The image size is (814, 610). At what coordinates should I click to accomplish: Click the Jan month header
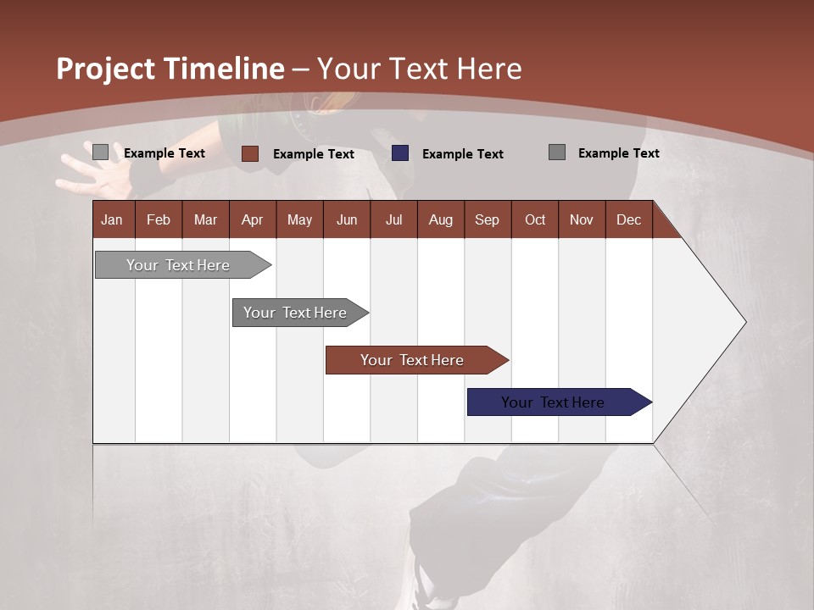[113, 219]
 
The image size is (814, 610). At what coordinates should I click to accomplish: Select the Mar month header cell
[205, 219]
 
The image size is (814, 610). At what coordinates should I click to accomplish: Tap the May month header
[299, 219]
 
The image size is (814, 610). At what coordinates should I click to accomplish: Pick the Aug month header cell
[440, 219]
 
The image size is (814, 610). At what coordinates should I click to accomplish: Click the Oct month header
[534, 219]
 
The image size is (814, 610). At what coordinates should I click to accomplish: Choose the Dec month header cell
[628, 219]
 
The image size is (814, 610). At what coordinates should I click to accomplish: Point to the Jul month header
[393, 219]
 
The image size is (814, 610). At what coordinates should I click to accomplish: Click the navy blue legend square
[400, 153]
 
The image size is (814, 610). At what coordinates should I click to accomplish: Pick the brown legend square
[250, 153]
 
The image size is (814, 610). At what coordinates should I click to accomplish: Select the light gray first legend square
[100, 152]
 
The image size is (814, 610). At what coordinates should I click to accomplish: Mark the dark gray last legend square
[557, 152]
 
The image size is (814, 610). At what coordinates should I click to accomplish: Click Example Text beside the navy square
[462, 154]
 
